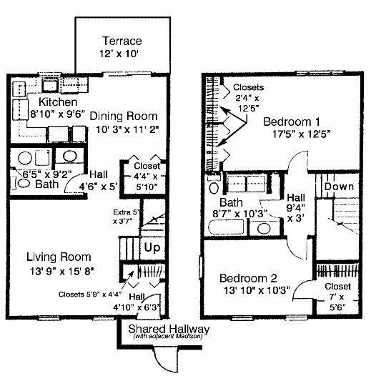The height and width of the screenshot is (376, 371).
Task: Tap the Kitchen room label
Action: [x=34, y=102]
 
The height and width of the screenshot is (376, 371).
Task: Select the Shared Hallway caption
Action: [x=169, y=329]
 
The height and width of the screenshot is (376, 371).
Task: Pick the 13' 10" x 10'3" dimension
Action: [x=254, y=290]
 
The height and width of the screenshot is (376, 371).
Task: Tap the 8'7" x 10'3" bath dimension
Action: [x=248, y=212]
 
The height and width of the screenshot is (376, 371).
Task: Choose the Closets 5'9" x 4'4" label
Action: [x=84, y=293]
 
